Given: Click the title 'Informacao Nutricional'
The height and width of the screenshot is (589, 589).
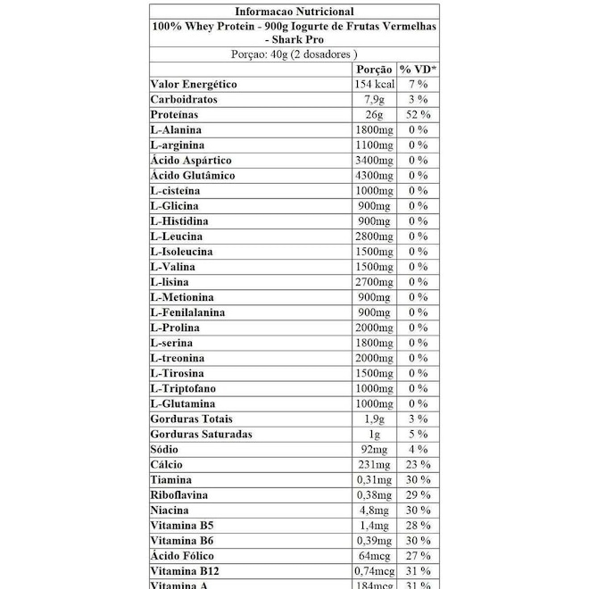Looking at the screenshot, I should [x=294, y=12].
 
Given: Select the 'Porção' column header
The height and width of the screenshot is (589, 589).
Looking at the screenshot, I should [x=374, y=69].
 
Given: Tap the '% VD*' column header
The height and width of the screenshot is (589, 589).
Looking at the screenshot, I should [x=417, y=69].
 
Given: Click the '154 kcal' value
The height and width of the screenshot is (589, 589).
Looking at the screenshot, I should [x=374, y=84].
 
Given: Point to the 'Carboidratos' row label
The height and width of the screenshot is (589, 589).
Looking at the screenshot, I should [x=185, y=99].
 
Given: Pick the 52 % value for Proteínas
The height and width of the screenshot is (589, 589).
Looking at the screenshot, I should [x=417, y=114].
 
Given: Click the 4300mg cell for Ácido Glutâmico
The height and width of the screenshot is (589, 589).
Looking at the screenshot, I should [x=374, y=175].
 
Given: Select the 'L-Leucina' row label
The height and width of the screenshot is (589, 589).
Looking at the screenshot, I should [x=177, y=236].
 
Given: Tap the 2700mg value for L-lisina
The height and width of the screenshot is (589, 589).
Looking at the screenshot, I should [x=374, y=281].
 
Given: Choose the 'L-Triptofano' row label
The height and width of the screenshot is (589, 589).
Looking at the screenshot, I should [x=184, y=388].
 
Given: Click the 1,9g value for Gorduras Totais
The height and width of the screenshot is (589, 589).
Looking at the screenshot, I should [x=374, y=419].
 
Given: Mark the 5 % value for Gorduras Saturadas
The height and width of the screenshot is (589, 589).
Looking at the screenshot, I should [x=417, y=434].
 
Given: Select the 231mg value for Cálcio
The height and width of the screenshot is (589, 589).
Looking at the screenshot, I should [x=374, y=464].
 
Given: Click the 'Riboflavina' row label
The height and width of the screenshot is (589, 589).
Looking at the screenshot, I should [x=179, y=494].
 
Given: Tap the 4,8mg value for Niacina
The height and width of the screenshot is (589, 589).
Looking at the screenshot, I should [x=374, y=510].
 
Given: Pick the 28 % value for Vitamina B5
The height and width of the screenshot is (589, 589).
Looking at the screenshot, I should [x=417, y=525].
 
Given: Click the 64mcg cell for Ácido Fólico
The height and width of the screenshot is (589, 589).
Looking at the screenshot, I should [x=374, y=555].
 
